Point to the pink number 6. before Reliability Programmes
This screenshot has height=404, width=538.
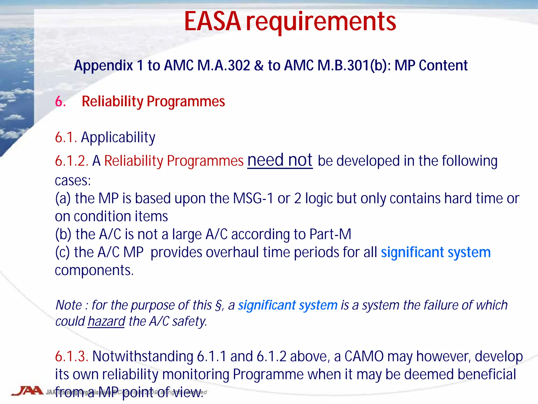click(x=60, y=102)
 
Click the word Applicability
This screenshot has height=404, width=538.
click(x=118, y=138)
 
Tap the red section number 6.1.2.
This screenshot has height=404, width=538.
click(x=71, y=161)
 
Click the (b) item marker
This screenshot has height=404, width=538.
click(x=63, y=234)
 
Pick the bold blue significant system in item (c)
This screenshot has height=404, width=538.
click(x=436, y=252)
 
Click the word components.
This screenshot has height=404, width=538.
click(x=94, y=270)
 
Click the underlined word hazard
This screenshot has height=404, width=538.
click(x=106, y=321)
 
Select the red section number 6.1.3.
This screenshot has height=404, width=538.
click(x=71, y=356)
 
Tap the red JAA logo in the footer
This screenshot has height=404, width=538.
click(x=27, y=391)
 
